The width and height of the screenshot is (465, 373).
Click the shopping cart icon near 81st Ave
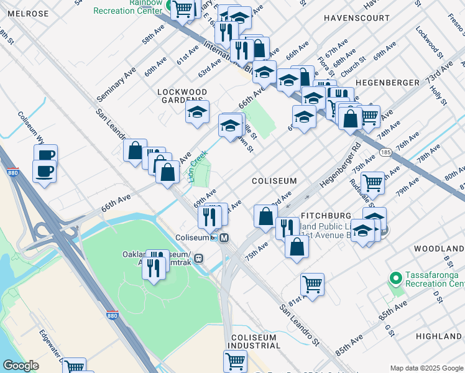312,284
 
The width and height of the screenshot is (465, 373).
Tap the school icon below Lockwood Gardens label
198,112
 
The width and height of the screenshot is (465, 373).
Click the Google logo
21,366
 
